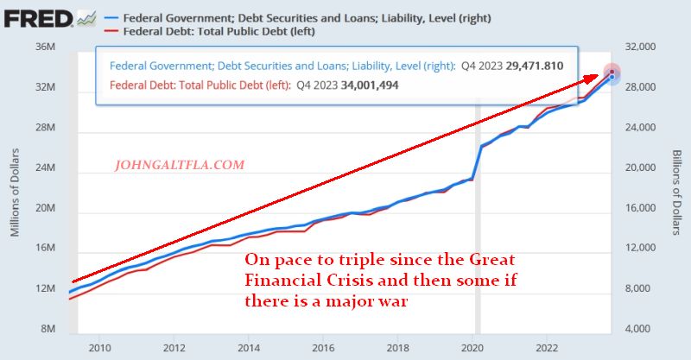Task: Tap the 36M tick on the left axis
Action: [x=45, y=47]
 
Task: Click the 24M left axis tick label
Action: [x=45, y=167]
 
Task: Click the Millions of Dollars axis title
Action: [x=16, y=188]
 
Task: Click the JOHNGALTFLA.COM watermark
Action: [x=180, y=164]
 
